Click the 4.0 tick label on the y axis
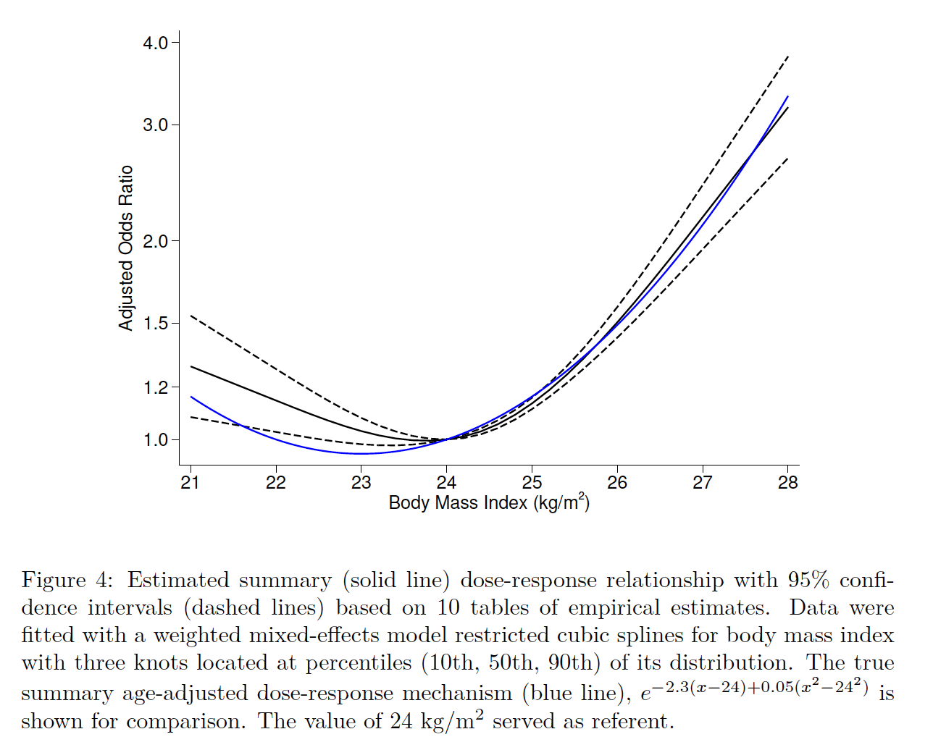click(x=155, y=43)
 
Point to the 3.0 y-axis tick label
click(x=155, y=125)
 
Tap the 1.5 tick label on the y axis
click(x=155, y=323)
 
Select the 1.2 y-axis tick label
click(x=155, y=387)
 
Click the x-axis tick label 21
click(x=191, y=483)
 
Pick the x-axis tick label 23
click(x=361, y=483)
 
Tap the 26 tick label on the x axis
click(x=617, y=483)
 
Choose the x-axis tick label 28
click(x=787, y=483)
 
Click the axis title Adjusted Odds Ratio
click(x=126, y=248)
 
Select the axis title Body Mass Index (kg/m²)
click(x=489, y=502)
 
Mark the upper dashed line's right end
click(x=788, y=56)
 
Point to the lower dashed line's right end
click(x=788, y=158)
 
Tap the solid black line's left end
click(x=191, y=366)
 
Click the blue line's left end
click(x=191, y=397)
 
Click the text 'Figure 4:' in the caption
click(x=67, y=581)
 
